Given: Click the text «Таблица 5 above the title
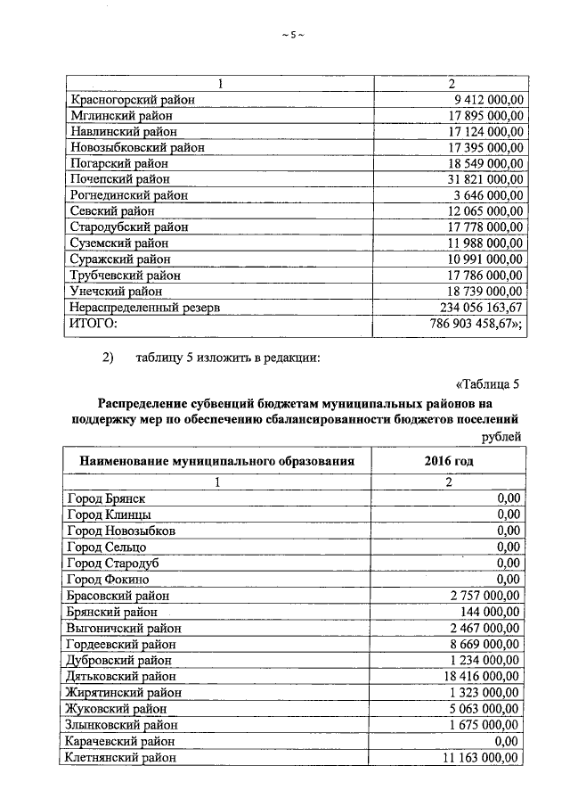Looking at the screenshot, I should click(487, 385).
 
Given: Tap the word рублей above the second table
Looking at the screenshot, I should click(501, 435).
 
